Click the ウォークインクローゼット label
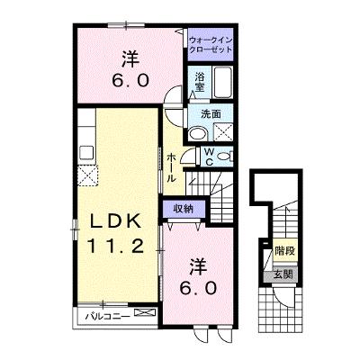pos(211,45)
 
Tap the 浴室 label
pos(200,82)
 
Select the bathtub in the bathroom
pos(222,82)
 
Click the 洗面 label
pos(211,113)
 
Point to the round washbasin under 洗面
pos(197,133)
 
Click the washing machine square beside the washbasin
pos(222,133)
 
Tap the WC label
pos(210,156)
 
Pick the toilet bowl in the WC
pos(223,156)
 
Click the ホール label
pos(171,167)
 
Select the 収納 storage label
pos(184,208)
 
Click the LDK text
pos(115,222)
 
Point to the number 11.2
pos(115,247)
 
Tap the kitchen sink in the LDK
pos(86,152)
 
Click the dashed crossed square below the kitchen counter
pos(87,175)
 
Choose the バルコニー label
pos(107,316)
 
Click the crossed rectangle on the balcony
pos(145,312)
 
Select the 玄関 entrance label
pos(283,274)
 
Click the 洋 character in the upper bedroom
pos(130,58)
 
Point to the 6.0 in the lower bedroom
pos(198,289)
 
